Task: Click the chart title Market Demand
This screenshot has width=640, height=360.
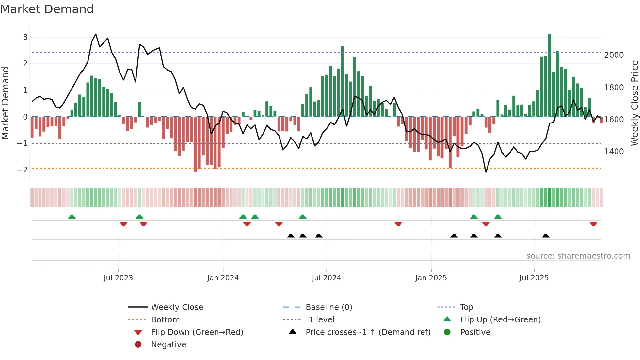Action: [x=47, y=9]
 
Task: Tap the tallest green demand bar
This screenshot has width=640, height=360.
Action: [x=550, y=75]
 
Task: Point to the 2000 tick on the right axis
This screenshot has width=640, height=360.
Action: [x=614, y=55]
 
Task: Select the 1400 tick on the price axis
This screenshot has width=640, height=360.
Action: [x=614, y=152]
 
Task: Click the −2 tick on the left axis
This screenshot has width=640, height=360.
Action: [x=22, y=170]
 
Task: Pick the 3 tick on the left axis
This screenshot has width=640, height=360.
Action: [x=25, y=37]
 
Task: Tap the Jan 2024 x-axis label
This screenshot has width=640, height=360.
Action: [x=223, y=278]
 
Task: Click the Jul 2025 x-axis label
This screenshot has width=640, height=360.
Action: [x=534, y=278]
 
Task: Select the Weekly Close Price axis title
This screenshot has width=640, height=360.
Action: [x=634, y=103]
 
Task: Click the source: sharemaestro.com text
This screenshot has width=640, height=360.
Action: [x=578, y=256]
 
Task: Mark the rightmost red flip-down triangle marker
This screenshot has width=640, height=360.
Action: [x=593, y=224]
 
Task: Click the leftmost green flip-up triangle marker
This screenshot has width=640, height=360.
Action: [x=72, y=217]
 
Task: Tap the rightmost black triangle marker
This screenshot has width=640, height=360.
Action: [x=546, y=236]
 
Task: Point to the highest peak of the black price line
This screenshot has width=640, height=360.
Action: [x=95, y=34]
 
